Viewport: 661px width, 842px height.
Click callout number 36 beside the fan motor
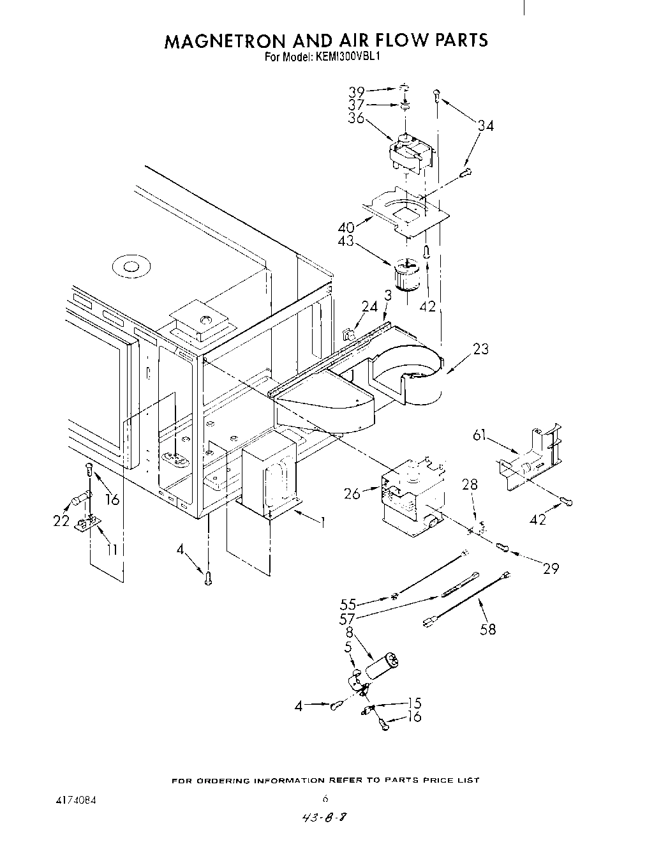tap(357, 117)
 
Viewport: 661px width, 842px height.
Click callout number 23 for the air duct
tap(481, 349)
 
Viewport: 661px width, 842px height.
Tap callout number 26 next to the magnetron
tap(352, 493)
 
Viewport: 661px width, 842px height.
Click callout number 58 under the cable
tap(487, 629)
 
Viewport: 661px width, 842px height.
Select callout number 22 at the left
tap(61, 520)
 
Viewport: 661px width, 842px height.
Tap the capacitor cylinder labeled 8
tap(382, 665)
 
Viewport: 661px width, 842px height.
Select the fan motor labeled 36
tap(410, 153)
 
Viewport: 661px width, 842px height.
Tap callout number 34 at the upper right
tap(486, 126)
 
